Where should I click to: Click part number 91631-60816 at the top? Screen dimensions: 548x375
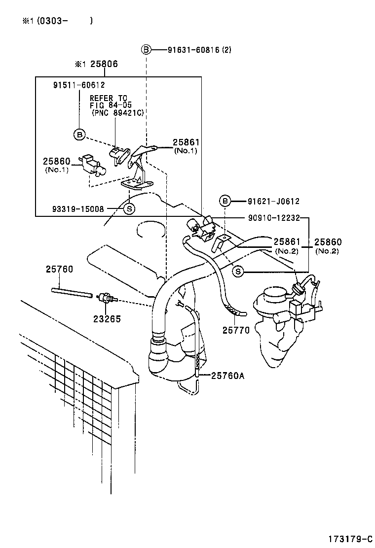pos(194,50)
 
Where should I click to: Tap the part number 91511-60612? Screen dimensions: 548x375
pos(79,85)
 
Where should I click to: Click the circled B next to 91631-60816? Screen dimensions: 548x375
pos(146,50)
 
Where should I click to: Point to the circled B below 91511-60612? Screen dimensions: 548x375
pos(79,134)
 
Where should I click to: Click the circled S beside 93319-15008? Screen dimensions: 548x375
pos(128,208)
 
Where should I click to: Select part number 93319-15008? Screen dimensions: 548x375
pos(78,208)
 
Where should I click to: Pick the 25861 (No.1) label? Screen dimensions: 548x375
pos(185,146)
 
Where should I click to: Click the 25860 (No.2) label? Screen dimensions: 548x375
pos(328,245)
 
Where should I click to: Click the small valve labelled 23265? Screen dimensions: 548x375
pos(106,298)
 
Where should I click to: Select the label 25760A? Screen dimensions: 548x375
pos(228,376)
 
